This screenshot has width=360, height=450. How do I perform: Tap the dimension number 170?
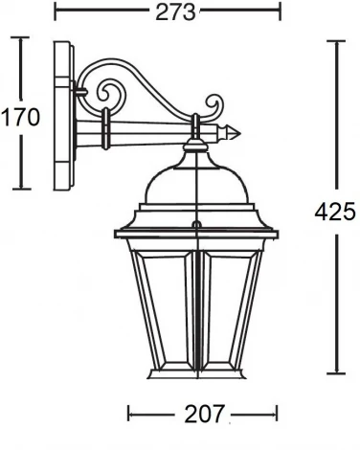[x=20, y=117]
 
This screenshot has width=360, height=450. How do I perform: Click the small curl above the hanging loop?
[x=214, y=103]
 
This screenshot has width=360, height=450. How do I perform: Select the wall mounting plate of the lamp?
[x=64, y=115]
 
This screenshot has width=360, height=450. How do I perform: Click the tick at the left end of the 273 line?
[x=56, y=12]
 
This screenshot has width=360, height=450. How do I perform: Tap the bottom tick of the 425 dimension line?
[x=337, y=372]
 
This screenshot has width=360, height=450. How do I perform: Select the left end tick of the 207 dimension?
[x=129, y=414]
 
